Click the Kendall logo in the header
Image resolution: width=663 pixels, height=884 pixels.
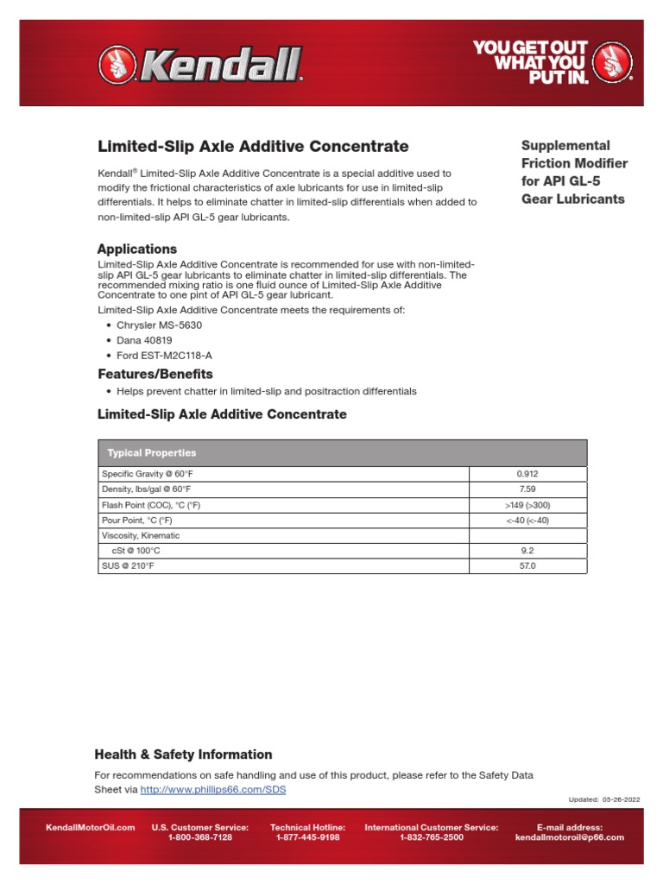(200, 63)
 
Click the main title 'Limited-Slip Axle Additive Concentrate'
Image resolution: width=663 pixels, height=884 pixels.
(252, 147)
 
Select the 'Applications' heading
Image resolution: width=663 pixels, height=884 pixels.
(136, 249)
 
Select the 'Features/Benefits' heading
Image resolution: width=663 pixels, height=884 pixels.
(155, 375)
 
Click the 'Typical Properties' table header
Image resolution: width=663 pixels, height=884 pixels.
(151, 452)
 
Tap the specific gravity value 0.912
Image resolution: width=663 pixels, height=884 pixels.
(527, 474)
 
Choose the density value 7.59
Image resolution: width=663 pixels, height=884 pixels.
(527, 489)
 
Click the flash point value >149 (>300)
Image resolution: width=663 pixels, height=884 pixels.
(527, 505)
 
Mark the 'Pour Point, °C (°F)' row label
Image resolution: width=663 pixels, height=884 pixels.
(136, 521)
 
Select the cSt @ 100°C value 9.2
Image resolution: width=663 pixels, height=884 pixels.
(527, 551)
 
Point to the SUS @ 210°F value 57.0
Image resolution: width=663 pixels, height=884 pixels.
(527, 566)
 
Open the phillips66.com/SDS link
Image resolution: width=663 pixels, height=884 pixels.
(212, 789)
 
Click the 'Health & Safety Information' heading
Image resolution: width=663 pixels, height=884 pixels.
(183, 755)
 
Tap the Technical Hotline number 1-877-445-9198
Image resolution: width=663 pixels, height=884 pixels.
(307, 837)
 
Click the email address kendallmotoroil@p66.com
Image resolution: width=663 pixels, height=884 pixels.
(569, 837)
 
